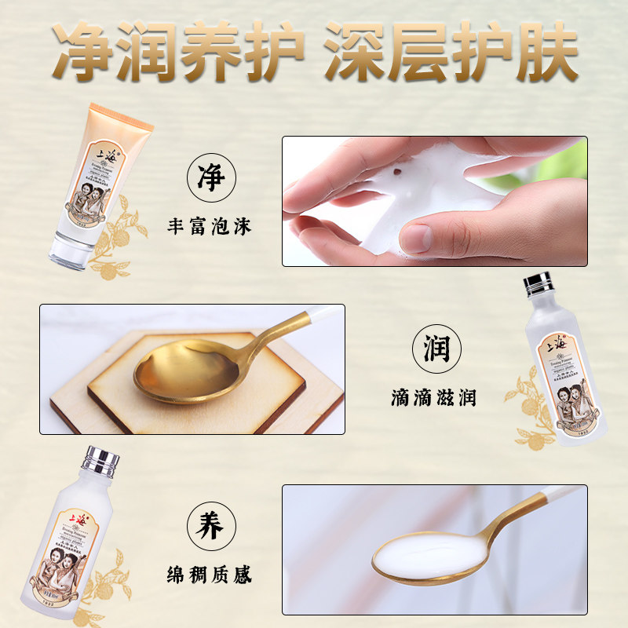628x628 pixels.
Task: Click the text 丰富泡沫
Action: point(210,228)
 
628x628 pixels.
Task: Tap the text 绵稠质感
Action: point(210,575)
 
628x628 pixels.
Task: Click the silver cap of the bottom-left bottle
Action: point(100,462)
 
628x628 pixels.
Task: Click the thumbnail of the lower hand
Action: point(417,237)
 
